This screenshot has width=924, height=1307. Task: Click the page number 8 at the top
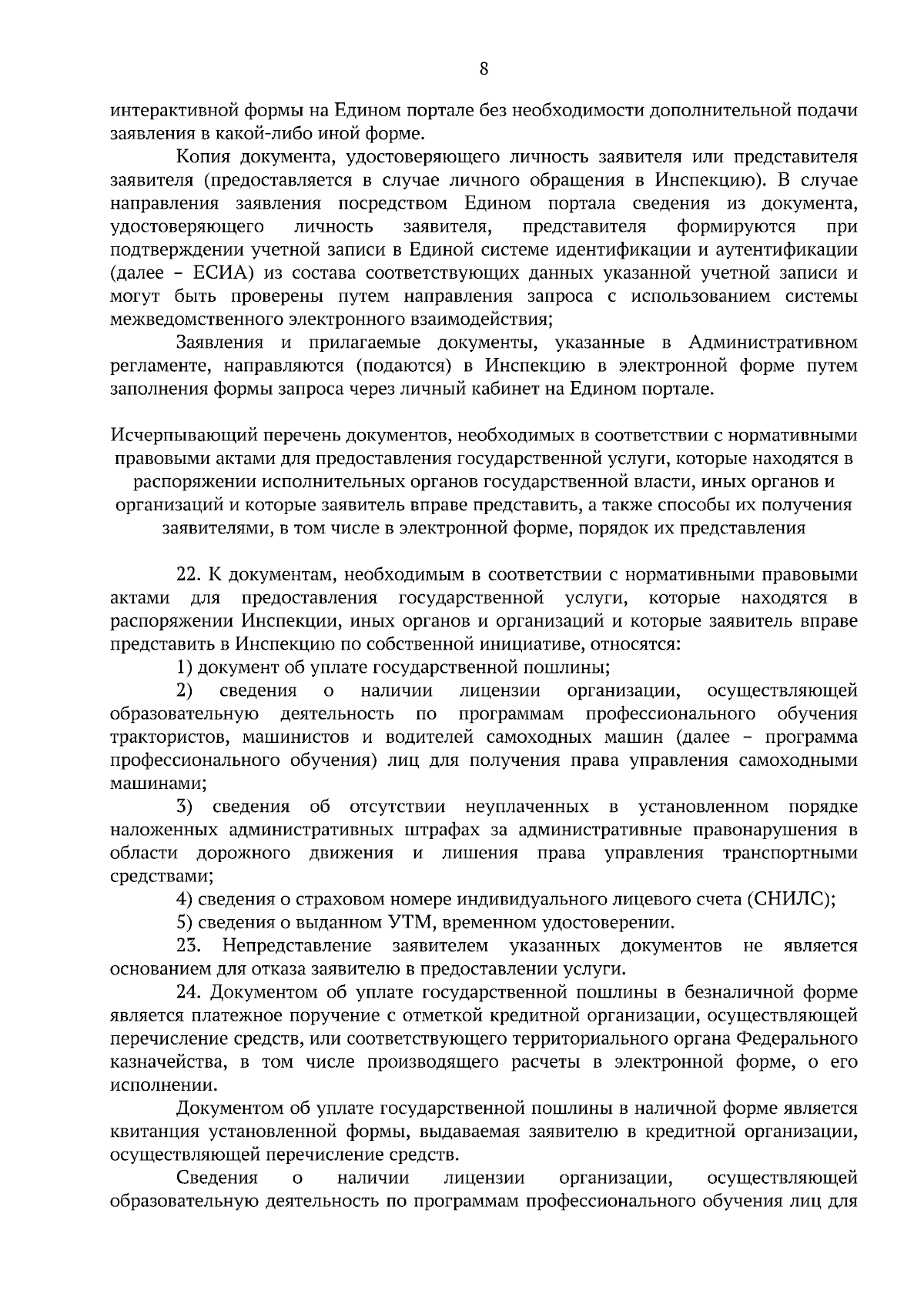tap(484, 69)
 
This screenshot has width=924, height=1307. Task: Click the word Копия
tap(204, 158)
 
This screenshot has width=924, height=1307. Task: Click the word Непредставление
tap(296, 945)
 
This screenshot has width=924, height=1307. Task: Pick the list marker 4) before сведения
tap(183, 899)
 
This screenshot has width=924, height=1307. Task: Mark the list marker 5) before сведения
tap(183, 922)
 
